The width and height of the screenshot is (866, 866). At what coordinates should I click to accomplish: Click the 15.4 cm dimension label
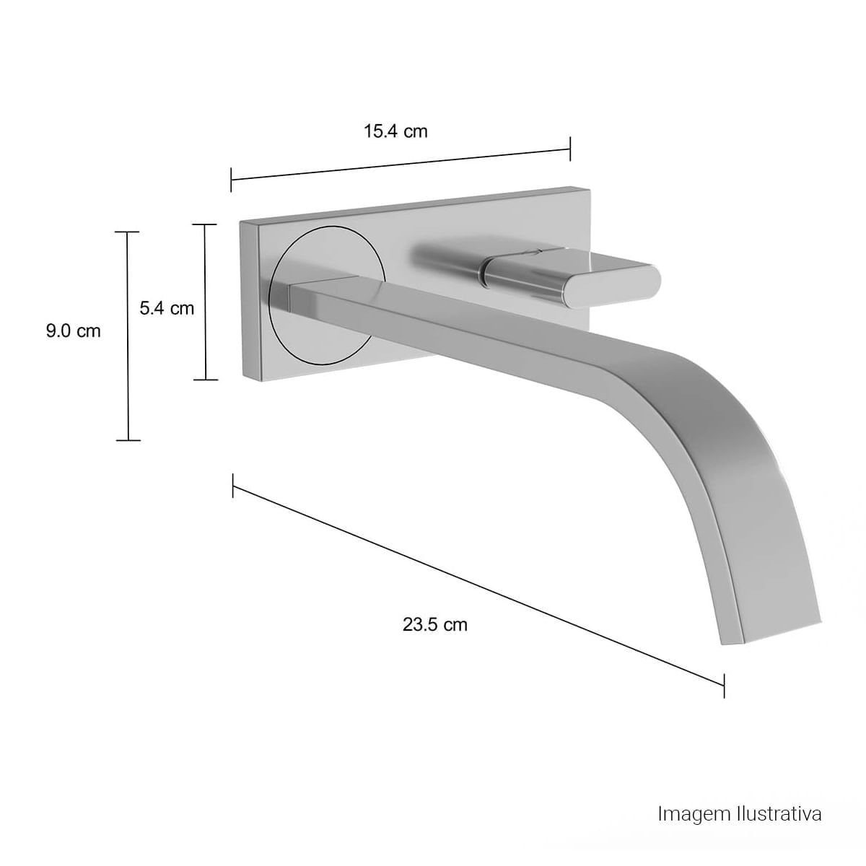click(395, 131)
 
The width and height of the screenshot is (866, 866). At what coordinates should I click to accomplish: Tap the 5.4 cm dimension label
click(167, 308)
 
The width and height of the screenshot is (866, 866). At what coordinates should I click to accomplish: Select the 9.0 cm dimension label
click(74, 331)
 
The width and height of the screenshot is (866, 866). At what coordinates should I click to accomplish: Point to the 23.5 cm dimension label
click(434, 625)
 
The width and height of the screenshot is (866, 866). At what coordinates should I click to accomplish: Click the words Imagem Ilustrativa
click(740, 788)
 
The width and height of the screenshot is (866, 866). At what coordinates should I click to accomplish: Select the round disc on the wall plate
click(327, 295)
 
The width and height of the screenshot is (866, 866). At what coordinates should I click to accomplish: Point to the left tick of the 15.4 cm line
click(231, 180)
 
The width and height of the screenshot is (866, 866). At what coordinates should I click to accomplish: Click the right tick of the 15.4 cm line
click(570, 149)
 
